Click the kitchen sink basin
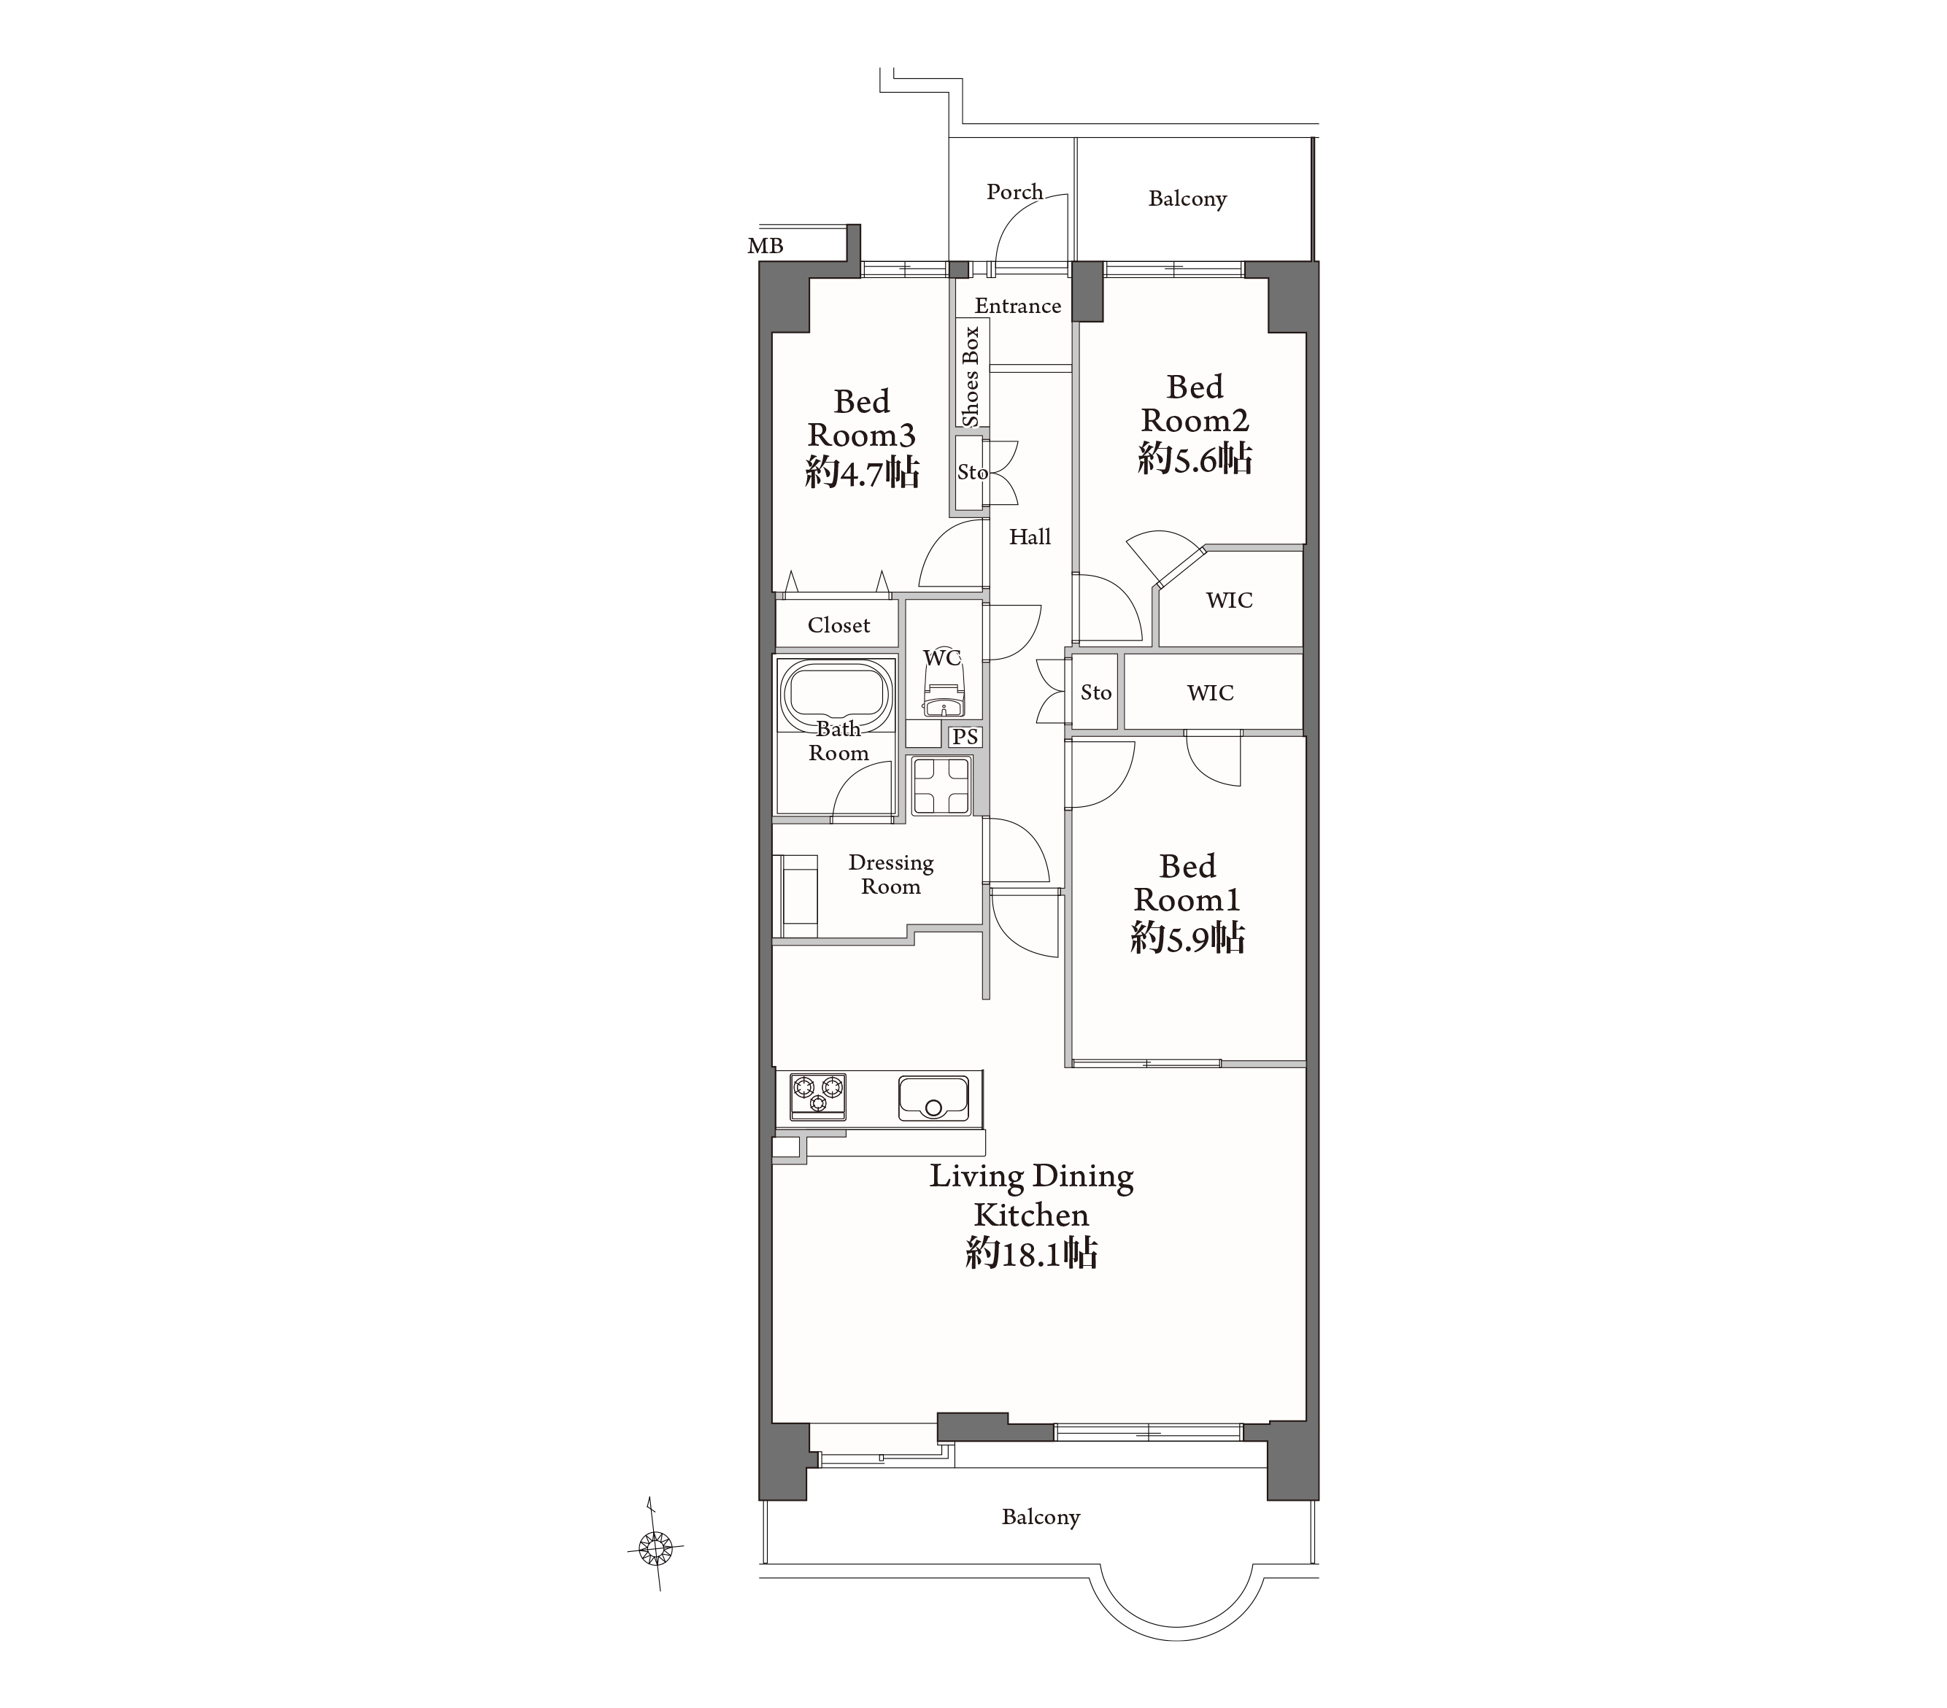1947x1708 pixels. tap(933, 1098)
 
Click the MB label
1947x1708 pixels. tap(765, 247)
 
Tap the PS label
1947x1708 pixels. tap(965, 736)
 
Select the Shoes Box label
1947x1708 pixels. tap(971, 376)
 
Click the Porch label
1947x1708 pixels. tap(1014, 191)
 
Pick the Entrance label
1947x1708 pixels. tap(1017, 306)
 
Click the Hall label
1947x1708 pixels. tap(1030, 537)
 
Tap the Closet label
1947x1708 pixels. tap(838, 625)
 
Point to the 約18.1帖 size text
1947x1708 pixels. tap(1032, 1253)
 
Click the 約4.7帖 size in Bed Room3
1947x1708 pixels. tap(862, 471)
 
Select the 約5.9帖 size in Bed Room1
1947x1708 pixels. tap(1188, 938)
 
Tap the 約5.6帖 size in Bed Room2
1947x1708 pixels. tap(1195, 459)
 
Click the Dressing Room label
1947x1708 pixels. tap(890, 875)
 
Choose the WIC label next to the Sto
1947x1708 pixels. tap(1210, 692)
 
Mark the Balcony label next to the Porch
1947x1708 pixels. tap(1187, 199)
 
